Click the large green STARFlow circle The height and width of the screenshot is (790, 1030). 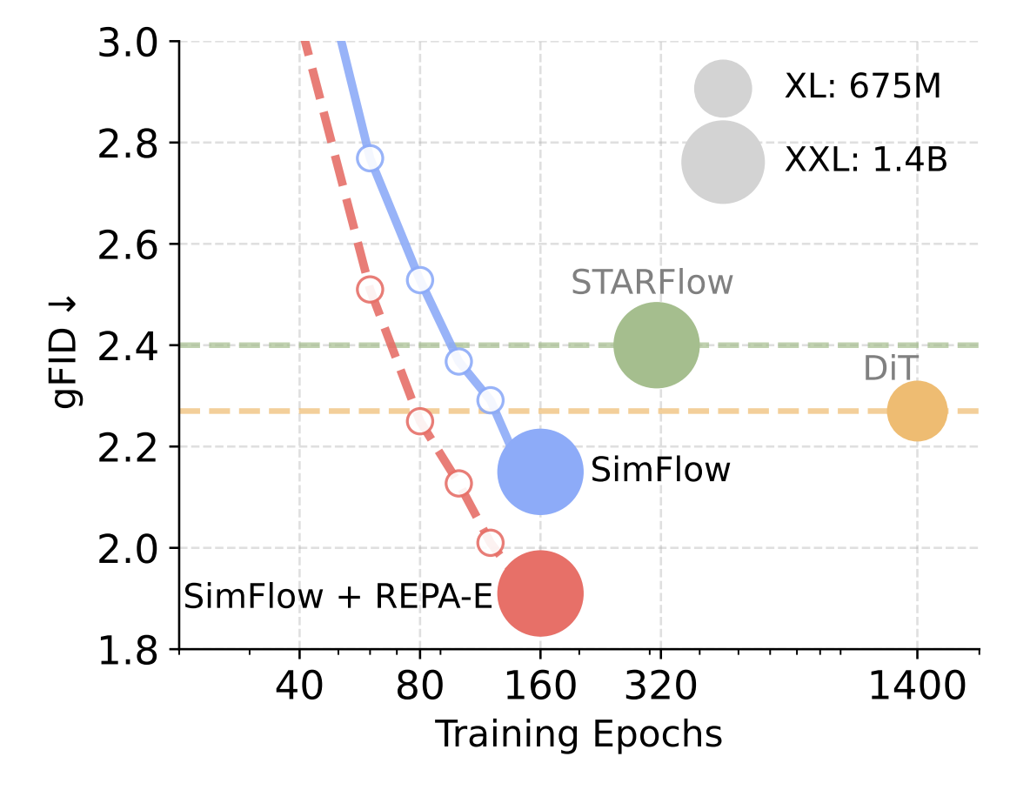click(x=656, y=345)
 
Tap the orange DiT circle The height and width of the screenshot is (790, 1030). click(x=917, y=411)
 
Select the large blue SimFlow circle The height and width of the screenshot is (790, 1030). click(x=539, y=472)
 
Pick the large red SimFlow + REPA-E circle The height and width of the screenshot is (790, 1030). click(x=539, y=593)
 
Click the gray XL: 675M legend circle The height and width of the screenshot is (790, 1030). click(x=723, y=88)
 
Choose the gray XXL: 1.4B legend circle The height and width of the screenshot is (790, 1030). click(x=723, y=163)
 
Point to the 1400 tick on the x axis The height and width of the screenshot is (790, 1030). click(x=917, y=687)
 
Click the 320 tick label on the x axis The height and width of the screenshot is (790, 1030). click(x=660, y=687)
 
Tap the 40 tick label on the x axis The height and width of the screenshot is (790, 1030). click(x=300, y=687)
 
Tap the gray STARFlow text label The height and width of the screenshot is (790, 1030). click(x=652, y=283)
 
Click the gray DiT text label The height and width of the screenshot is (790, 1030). click(x=890, y=369)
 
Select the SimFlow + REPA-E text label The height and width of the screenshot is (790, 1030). click(x=338, y=596)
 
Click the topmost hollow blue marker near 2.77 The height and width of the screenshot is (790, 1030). click(x=370, y=157)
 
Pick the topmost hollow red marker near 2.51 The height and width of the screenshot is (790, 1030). click(x=370, y=290)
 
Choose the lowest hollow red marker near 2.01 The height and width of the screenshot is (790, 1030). click(x=490, y=543)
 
